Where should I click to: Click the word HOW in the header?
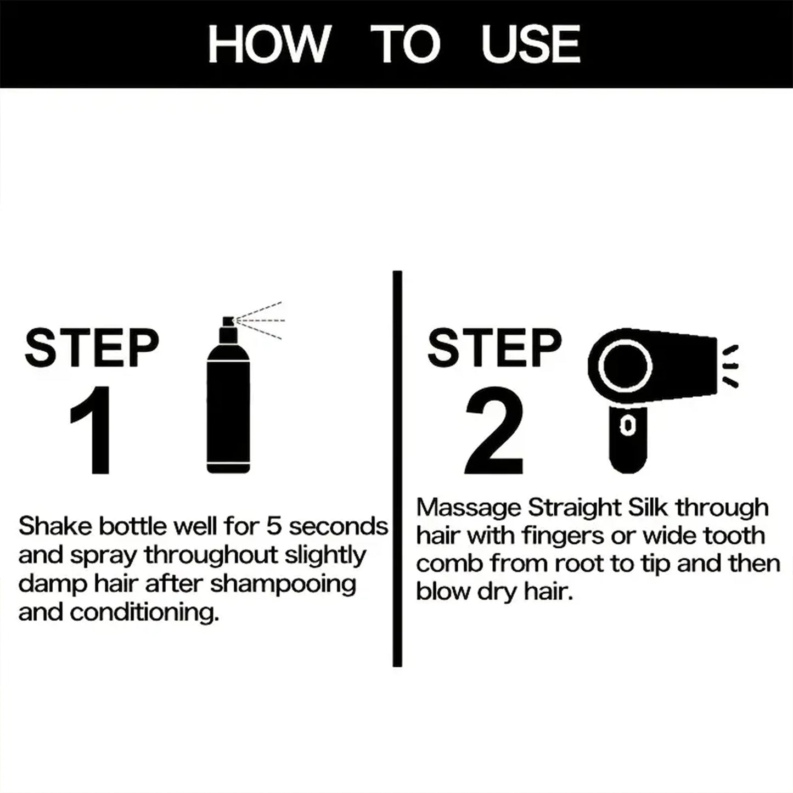267,44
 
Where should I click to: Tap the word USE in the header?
530,44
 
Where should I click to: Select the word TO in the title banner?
405,44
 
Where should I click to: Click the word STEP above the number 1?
92,348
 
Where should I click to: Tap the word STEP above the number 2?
494,348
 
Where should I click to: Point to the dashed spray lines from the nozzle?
261,320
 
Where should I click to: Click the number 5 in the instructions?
274,526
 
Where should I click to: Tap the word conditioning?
144,612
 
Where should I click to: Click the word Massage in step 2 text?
468,508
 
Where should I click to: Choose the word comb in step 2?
449,564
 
